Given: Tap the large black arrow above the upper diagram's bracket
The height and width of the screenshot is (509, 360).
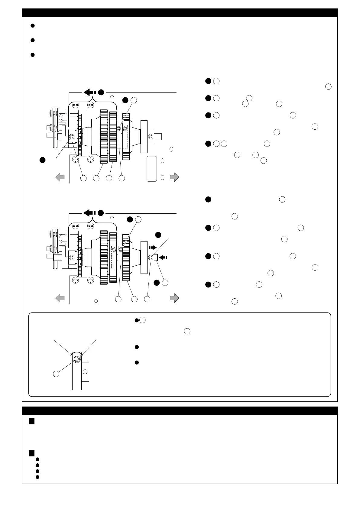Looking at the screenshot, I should click(89, 92).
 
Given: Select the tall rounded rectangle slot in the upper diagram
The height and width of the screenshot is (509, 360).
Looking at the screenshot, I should click(151, 169).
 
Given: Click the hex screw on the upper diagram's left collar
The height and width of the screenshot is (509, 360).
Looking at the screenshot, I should click(72, 136).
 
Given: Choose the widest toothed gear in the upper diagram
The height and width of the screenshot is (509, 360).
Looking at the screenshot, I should click(104, 136).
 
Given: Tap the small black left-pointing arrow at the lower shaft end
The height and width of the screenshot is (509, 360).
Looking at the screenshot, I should click(163, 258).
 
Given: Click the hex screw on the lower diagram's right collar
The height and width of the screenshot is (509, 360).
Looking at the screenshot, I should click(151, 257).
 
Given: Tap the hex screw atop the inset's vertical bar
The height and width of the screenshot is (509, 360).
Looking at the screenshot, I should click(77, 359).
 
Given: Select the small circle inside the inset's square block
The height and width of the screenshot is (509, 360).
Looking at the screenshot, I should click(85, 371).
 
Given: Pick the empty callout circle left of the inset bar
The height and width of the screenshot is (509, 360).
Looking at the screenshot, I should click(56, 374).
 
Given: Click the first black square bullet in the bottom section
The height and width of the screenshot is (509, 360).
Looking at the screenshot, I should click(31, 422).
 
